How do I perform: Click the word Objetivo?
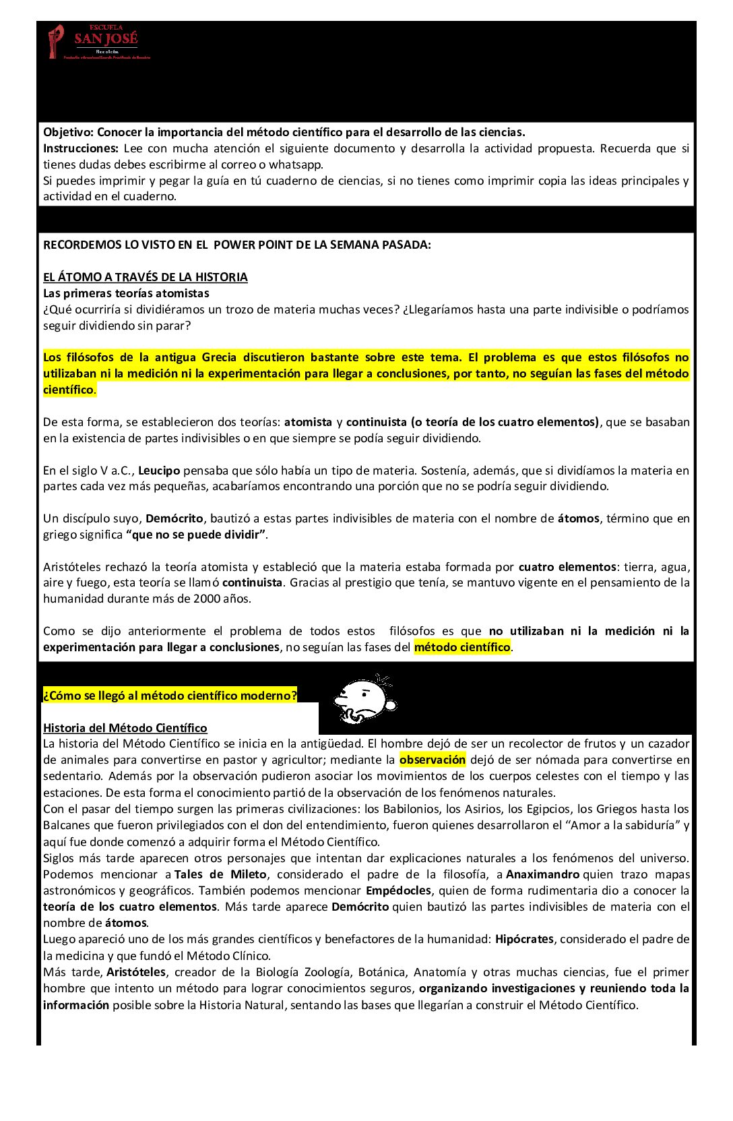pos(68,132)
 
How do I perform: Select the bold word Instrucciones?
pos(80,148)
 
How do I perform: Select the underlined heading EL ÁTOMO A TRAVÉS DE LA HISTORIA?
pos(146,277)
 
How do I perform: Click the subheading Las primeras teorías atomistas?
pos(126,293)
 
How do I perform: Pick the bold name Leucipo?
pos(159,471)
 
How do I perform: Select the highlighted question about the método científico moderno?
pos(170,696)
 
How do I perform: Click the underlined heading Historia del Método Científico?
pos(125,728)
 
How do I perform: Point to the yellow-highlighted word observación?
pos(433,760)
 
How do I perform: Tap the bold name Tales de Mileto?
pos(220,874)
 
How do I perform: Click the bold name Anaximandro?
pos(542,874)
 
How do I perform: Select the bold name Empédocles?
pos(398,890)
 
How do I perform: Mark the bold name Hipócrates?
pos(524,939)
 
